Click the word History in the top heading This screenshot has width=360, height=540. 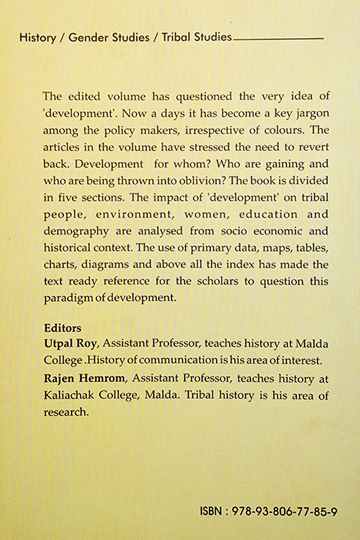(37, 38)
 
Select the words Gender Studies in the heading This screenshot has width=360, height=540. (109, 38)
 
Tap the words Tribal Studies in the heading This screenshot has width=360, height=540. (197, 37)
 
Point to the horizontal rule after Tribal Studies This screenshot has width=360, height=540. (278, 39)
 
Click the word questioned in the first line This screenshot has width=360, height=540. (204, 96)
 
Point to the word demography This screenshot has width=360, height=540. (76, 231)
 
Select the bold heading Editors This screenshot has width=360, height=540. (62, 328)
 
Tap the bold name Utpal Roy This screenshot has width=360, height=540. (70, 343)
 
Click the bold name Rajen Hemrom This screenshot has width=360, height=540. (84, 378)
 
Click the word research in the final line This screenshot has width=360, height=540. (66, 412)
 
